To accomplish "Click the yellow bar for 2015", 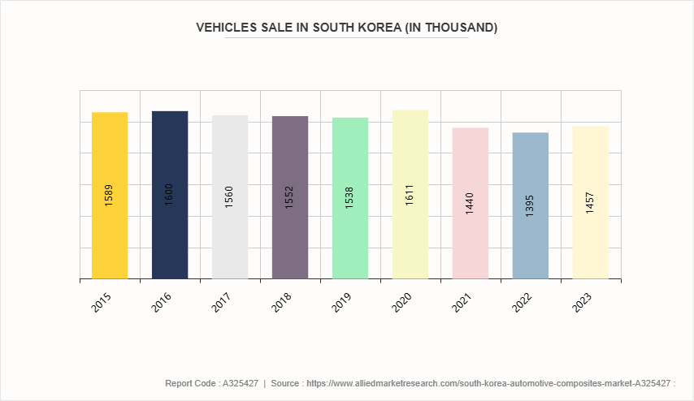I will [x=110, y=235].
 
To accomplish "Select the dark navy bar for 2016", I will [x=170, y=235].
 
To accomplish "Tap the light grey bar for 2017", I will [x=230, y=235].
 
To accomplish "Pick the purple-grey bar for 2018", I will [x=290, y=235].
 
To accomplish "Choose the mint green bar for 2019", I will [x=350, y=235].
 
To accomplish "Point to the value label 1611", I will [x=410, y=196].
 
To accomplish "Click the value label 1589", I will [x=110, y=196].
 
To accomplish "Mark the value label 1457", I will [x=591, y=203].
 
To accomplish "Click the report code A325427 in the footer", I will [x=241, y=383].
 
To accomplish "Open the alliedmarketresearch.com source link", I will [x=486, y=383].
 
